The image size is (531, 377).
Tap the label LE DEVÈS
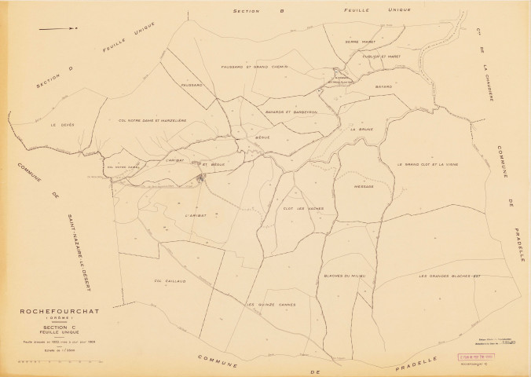61,124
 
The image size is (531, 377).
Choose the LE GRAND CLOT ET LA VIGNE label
427,164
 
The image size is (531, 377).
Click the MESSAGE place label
364,187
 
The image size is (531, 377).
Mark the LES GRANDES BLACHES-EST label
449,276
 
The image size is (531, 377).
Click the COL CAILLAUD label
158,278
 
